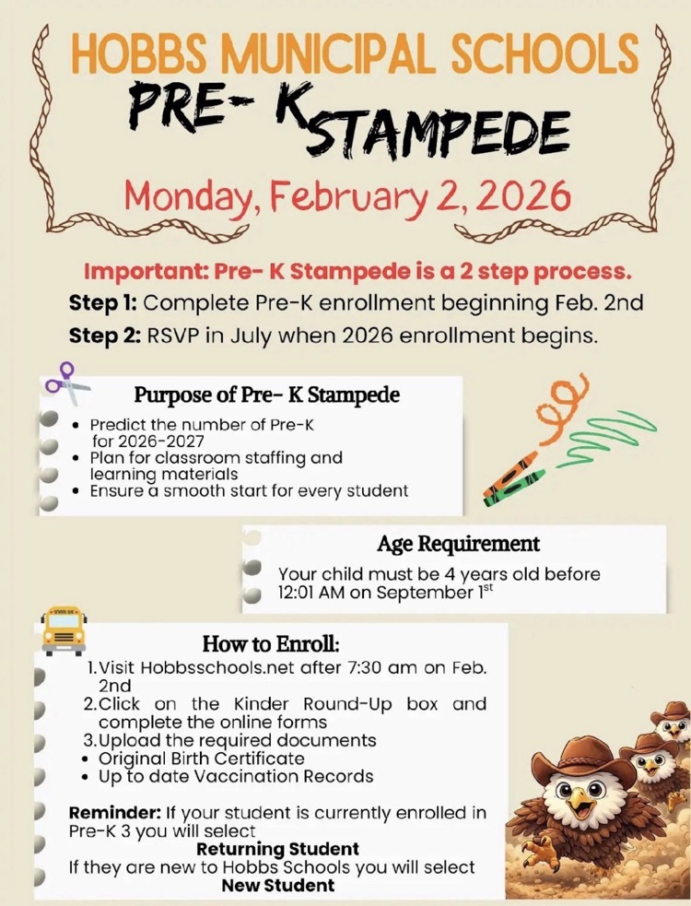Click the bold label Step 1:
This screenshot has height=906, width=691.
point(103,302)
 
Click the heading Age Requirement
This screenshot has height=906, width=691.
point(458,544)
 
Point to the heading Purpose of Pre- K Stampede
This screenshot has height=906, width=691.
point(267,395)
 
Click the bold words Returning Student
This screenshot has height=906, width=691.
point(277,848)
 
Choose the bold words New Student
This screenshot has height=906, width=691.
point(277,886)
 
